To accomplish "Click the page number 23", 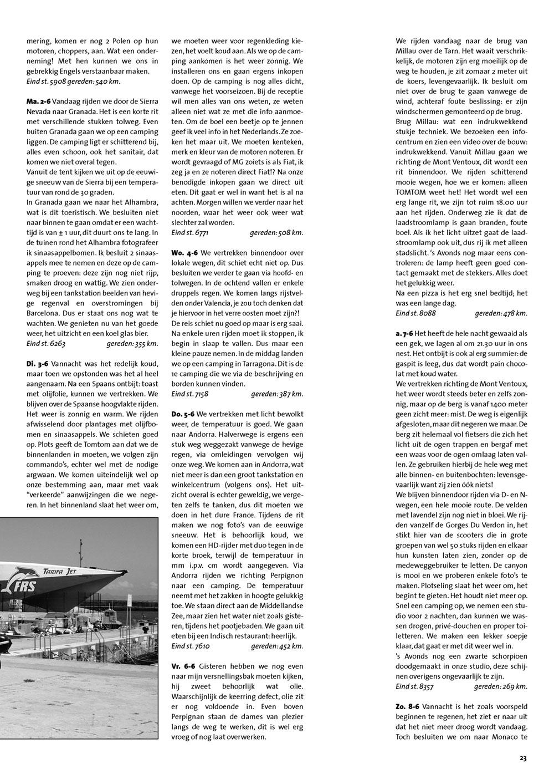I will pos(523,758).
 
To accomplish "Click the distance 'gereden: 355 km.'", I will pos(132,344).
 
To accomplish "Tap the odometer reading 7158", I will pos(203,394).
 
